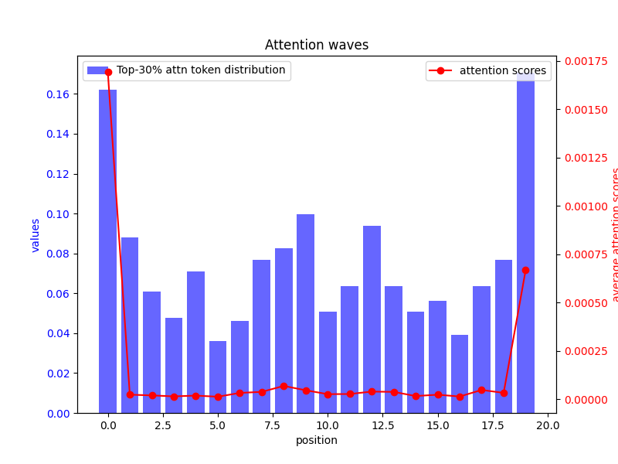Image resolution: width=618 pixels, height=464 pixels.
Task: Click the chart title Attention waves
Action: [317, 45]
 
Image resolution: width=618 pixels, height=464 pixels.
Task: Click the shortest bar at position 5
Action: [218, 377]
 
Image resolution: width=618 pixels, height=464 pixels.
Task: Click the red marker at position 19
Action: [525, 270]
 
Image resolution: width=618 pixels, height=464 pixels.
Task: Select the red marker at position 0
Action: [108, 72]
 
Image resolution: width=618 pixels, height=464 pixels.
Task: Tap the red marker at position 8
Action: [284, 386]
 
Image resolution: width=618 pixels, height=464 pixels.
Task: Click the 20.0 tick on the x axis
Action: [548, 425]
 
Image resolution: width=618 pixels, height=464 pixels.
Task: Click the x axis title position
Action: [317, 440]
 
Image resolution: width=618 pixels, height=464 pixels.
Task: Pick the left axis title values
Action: [36, 235]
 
